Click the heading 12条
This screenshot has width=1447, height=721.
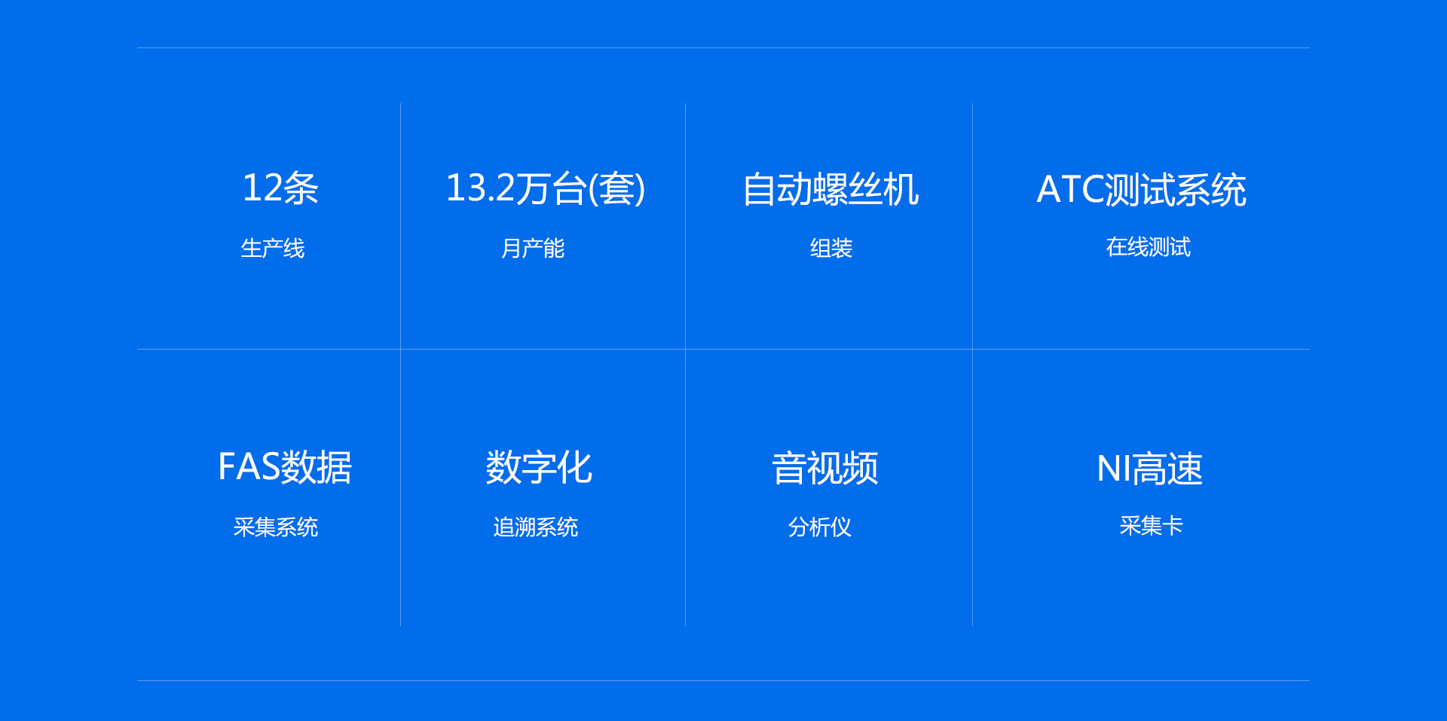(280, 188)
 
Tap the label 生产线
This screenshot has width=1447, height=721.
(273, 248)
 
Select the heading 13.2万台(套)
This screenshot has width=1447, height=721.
(546, 188)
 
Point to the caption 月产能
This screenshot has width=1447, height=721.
(533, 248)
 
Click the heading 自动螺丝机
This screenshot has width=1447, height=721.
(831, 189)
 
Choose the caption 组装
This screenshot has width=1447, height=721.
(831, 248)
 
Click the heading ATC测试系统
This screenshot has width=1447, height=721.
(1141, 190)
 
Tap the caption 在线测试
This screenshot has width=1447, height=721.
(1149, 246)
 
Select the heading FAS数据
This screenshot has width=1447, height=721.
(285, 467)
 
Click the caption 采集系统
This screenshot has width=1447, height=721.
(276, 527)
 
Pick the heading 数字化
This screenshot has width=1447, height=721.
(539, 468)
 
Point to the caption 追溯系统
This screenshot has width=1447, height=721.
(536, 527)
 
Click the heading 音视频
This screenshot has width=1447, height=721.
(825, 469)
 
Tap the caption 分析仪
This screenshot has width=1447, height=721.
(820, 527)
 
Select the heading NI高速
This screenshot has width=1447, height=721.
(1150, 469)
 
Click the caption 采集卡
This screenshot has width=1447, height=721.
(1152, 525)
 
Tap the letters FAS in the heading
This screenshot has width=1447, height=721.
(249, 467)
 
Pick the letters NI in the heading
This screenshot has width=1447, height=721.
(1114, 469)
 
